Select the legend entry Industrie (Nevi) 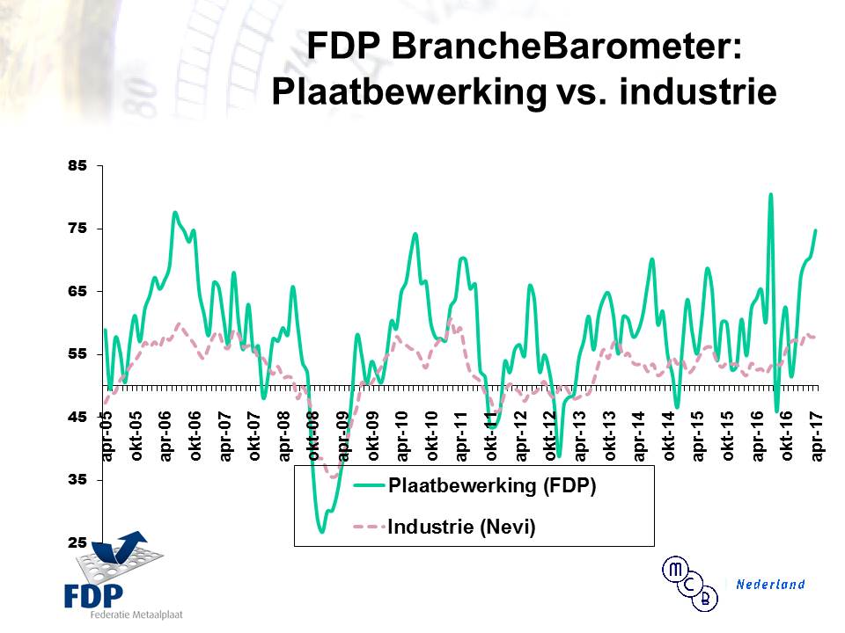[462, 527]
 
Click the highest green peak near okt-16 [770, 195]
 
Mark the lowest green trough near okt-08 [322, 532]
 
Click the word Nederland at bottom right [770, 584]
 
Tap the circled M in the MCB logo [676, 570]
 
